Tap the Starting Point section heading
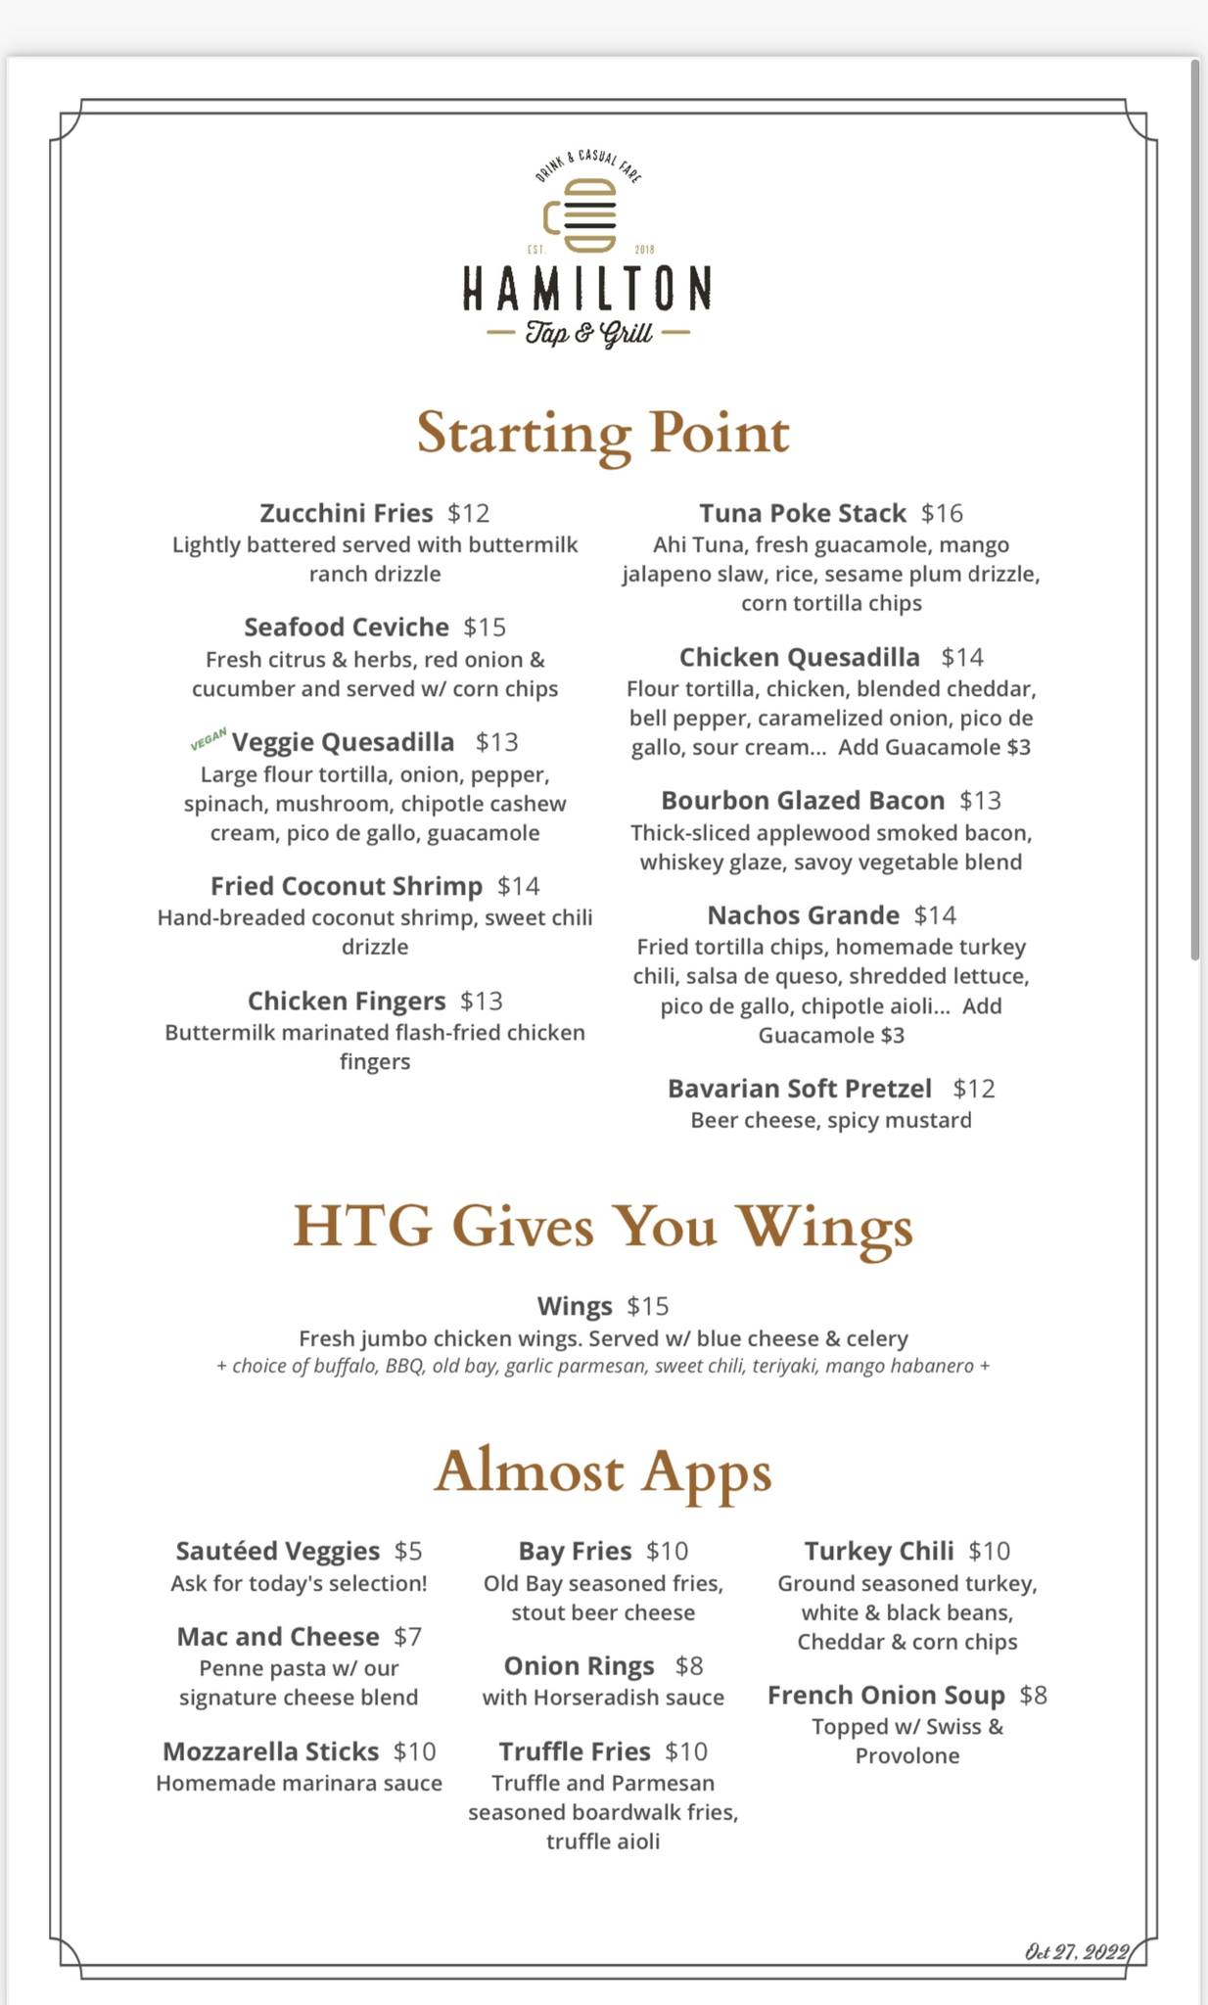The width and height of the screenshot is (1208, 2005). [x=603, y=433]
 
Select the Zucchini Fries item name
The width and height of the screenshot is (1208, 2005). [x=346, y=513]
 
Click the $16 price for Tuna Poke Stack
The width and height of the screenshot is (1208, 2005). [x=942, y=513]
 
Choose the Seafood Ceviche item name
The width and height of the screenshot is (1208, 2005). [x=347, y=627]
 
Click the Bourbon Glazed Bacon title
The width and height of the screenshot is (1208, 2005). [x=803, y=801]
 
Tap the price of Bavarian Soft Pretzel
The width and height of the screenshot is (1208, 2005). [x=974, y=1089]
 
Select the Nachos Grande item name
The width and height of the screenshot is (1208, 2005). [x=803, y=915]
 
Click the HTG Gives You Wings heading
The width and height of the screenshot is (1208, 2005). [x=603, y=1226]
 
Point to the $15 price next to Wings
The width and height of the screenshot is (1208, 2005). [x=648, y=1306]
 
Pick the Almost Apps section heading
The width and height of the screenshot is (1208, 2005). [x=603, y=1471]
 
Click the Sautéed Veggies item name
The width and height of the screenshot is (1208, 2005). [x=278, y=1551]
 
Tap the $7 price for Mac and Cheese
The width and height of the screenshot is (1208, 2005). [x=408, y=1636]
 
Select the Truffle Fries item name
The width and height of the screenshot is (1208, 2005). [x=575, y=1750]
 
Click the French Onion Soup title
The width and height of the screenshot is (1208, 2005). [x=886, y=1695]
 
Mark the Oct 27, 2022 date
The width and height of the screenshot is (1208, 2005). [x=1077, y=1952]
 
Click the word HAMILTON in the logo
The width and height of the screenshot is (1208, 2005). [x=586, y=288]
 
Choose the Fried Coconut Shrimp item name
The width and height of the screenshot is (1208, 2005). [x=347, y=886]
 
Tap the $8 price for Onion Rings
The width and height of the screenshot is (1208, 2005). [x=689, y=1665]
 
